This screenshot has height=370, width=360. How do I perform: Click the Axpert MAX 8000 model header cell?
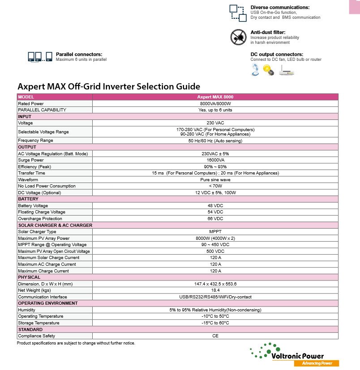coord(215,97)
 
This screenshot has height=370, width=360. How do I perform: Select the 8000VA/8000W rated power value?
coord(215,103)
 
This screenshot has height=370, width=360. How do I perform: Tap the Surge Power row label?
coord(31,160)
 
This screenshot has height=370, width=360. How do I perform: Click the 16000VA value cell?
coord(215,160)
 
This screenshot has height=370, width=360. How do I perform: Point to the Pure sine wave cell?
coord(215,179)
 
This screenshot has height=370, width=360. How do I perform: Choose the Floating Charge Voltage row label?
coord(42,212)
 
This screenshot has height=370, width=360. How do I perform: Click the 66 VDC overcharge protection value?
coord(215,219)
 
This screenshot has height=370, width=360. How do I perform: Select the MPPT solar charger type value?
coord(215,232)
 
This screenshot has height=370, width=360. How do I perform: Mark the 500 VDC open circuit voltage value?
coord(215,251)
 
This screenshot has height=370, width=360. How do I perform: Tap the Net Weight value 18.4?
coord(215,290)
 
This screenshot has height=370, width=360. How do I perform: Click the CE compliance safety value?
coord(215,336)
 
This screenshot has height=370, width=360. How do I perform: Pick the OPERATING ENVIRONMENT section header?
coord(48,303)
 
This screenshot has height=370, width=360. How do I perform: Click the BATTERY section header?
coord(28,199)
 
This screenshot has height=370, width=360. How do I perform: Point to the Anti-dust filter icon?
coord(238,37)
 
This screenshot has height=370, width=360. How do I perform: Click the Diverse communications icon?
coord(238,13)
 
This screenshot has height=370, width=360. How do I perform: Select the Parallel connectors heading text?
coord(79,54)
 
